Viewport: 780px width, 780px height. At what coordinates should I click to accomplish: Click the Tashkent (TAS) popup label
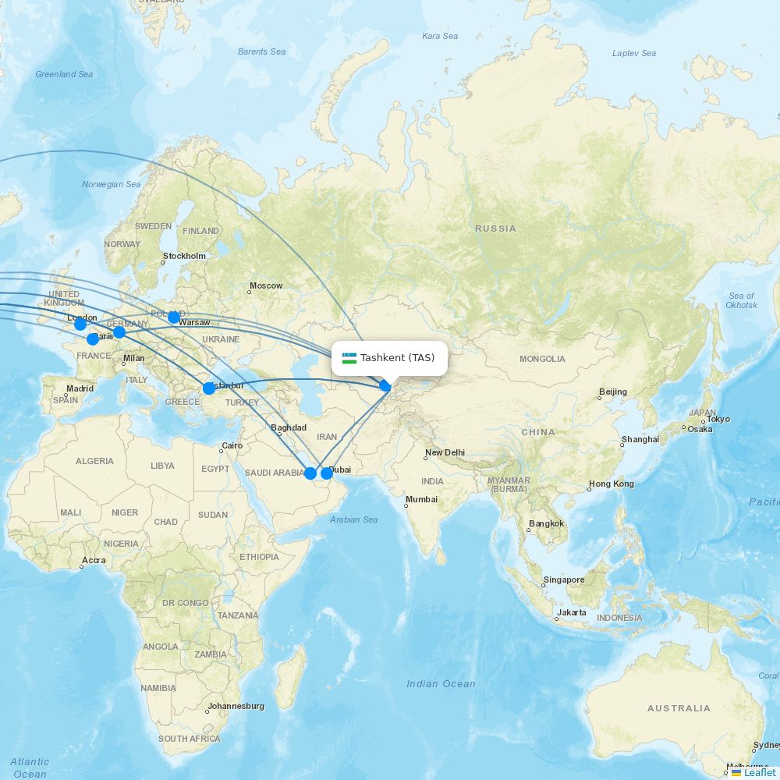[x=397, y=358]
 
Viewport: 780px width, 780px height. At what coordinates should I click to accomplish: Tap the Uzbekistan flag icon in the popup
[x=349, y=358]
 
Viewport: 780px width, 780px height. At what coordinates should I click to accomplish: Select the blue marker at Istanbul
[x=208, y=388]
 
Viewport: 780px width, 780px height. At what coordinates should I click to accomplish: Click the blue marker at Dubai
[x=327, y=473]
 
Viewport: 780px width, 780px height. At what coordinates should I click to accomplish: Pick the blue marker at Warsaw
[x=174, y=317]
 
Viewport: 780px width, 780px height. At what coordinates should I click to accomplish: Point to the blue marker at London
[x=80, y=324]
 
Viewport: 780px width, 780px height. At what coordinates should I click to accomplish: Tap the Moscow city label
[x=266, y=285]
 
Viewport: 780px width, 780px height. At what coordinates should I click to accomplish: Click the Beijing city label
[x=612, y=392]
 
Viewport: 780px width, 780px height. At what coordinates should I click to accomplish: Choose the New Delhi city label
[x=445, y=453]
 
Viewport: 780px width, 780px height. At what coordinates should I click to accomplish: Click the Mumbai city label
[x=421, y=499]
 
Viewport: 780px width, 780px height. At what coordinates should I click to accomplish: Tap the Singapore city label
[x=564, y=580]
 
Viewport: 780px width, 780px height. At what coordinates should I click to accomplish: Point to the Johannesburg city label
[x=236, y=706]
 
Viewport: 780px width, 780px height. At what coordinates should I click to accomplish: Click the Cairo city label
[x=232, y=446]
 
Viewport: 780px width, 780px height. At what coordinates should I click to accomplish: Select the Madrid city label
[x=80, y=388]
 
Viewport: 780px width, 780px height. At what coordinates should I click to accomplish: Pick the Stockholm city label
[x=184, y=256]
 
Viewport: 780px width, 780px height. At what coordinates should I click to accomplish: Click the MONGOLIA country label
[x=542, y=359]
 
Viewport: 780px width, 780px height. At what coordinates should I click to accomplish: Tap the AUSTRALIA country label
[x=679, y=708]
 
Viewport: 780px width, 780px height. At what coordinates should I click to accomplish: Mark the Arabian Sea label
[x=353, y=519]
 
